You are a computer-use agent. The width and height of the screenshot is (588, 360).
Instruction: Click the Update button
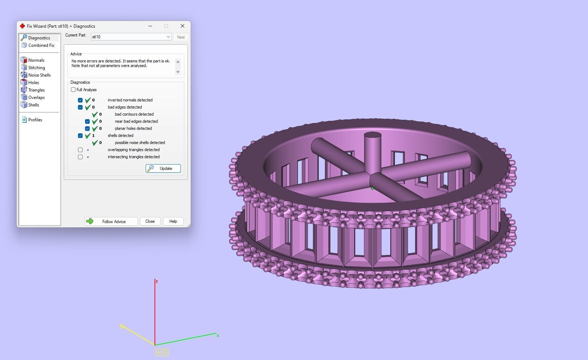point(163,168)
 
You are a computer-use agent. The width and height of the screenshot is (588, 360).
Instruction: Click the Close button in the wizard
point(150,221)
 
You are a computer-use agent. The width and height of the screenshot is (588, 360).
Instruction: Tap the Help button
point(173,221)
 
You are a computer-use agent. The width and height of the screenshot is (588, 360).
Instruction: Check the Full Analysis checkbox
point(73,90)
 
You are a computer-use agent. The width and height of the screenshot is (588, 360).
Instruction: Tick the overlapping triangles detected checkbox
point(80,150)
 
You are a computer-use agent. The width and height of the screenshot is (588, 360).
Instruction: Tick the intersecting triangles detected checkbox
point(80,157)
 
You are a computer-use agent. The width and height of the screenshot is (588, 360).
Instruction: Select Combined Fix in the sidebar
point(41,45)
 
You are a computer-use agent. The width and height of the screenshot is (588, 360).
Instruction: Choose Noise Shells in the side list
point(39,75)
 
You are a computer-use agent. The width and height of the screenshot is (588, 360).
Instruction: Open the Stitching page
point(37,68)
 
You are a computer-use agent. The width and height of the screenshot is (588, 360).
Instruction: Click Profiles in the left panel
point(35,120)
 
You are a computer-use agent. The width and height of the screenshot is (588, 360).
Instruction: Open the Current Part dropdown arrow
point(168,37)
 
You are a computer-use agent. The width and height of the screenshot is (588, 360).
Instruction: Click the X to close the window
point(183,26)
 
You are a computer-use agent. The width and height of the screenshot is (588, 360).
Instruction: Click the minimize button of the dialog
point(150,26)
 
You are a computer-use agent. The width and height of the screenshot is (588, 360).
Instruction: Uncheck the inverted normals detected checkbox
point(80,100)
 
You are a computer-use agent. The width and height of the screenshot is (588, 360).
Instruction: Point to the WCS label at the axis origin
point(162,352)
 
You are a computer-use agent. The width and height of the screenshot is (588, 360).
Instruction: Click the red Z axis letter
point(157,281)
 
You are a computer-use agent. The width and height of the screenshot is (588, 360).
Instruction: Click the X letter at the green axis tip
point(218,336)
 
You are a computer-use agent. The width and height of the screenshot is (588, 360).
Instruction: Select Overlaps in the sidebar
point(37,98)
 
